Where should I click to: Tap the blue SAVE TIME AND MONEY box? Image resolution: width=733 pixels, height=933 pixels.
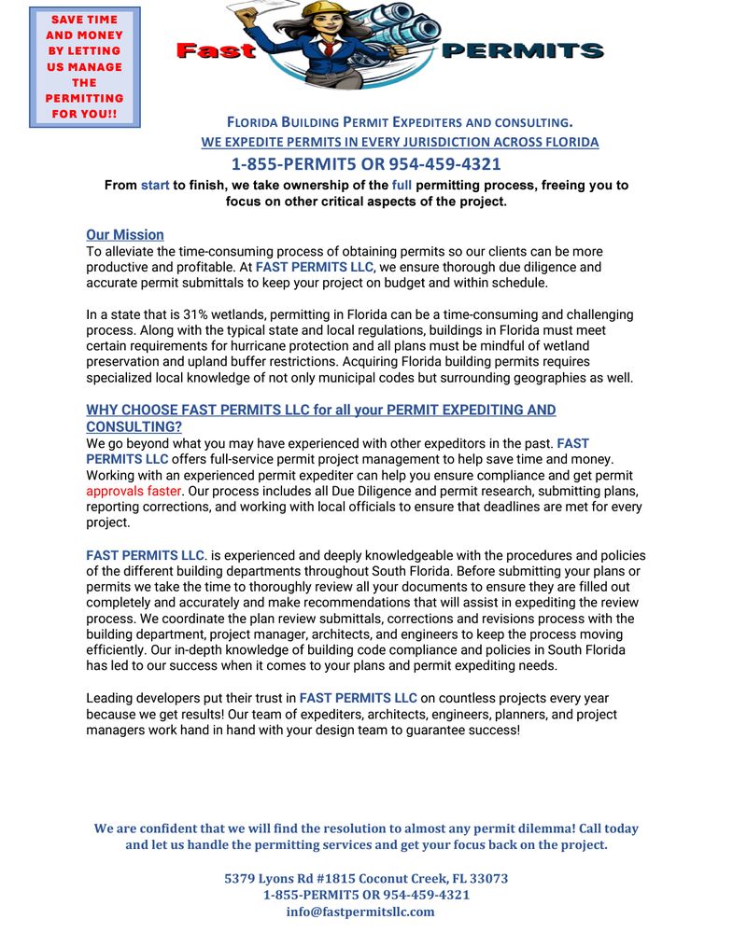coord(85,67)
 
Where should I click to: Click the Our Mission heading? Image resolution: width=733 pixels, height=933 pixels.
coord(124,235)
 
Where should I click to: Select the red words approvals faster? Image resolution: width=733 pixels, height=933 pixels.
coord(134,491)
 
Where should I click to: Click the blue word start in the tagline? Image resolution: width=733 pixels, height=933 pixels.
coord(155,185)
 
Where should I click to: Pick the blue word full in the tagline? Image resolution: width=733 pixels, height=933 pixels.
coord(402,185)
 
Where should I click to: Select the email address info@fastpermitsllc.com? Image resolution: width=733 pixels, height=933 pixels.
coord(360,912)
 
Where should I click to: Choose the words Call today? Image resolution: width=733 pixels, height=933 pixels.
coord(603,829)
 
